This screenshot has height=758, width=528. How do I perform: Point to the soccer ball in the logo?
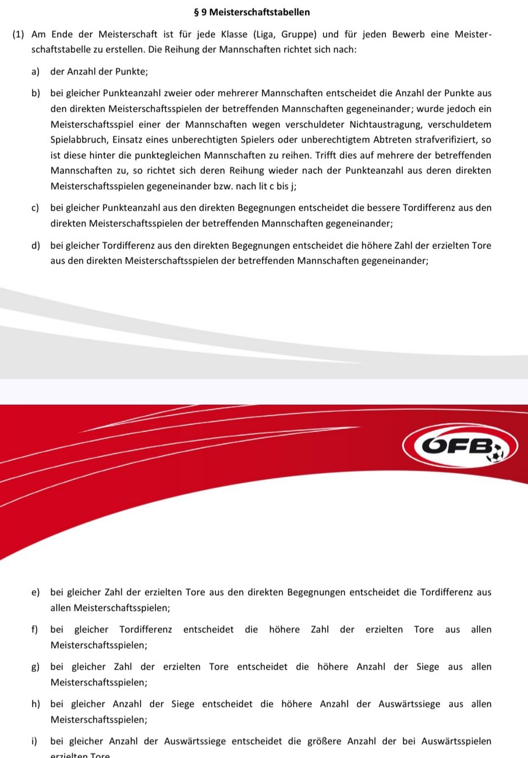click(498, 454)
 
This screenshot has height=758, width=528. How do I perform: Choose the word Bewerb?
click(404, 36)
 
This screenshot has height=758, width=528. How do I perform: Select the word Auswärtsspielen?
click(458, 742)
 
